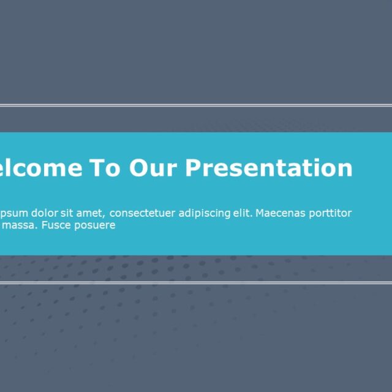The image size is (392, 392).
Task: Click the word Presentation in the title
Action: (x=268, y=167)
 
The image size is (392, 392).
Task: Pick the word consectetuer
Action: (x=141, y=213)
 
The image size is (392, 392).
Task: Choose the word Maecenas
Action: (x=279, y=213)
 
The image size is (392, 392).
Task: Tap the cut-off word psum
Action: (x=12, y=213)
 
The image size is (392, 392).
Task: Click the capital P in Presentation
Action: (x=192, y=167)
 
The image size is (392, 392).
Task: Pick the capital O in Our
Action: (x=138, y=167)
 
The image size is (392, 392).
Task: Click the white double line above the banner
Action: (x=196, y=105)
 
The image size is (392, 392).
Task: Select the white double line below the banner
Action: (x=196, y=282)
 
